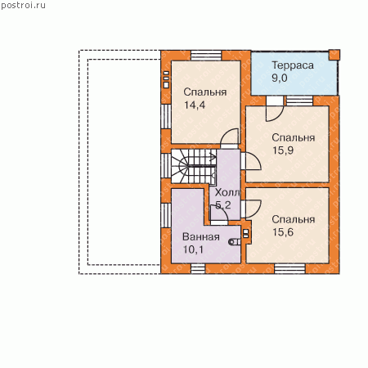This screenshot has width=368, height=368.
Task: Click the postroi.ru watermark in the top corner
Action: click(x=23, y=6)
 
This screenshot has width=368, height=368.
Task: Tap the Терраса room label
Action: click(x=293, y=65)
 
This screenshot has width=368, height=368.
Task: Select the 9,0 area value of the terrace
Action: click(x=280, y=79)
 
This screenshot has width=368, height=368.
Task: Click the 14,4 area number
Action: click(x=195, y=105)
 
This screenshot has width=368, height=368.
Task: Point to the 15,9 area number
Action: click(x=283, y=150)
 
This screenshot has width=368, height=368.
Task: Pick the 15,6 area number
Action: click(x=283, y=232)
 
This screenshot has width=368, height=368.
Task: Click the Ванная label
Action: click(x=201, y=236)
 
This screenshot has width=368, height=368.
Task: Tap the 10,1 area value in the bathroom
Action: click(x=193, y=249)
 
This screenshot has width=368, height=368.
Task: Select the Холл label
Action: click(x=227, y=192)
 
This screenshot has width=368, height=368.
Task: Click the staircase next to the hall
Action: click(x=194, y=166)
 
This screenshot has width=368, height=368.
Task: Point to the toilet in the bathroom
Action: click(x=235, y=242)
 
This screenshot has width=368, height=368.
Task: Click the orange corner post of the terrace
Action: click(x=334, y=55)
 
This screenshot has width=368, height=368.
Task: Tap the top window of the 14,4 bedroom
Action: click(x=206, y=56)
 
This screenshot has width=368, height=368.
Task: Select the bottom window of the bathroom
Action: click(x=198, y=268)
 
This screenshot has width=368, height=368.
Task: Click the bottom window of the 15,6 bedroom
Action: click(x=289, y=268)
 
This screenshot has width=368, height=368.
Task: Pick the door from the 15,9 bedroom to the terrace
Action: click(x=275, y=109)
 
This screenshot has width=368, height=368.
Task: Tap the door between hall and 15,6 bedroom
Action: click(x=251, y=209)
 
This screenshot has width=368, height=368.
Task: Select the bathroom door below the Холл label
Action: click(x=219, y=215)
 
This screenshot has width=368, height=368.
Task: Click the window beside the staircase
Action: click(x=166, y=166)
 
